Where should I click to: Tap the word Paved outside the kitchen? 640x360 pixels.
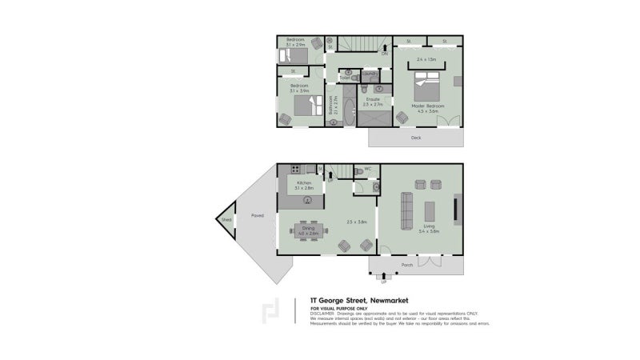pos(258,215)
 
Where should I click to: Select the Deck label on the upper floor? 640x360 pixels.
pos(415,138)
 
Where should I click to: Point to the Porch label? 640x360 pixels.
pos(407,265)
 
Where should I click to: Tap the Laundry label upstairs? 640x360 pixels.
pos(370,74)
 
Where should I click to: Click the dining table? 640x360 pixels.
pos(308,230)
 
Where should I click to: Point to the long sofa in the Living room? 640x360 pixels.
pos(405,211)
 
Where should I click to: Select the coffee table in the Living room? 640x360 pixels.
pos(430,211)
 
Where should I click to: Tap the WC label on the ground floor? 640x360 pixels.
pos(368,169)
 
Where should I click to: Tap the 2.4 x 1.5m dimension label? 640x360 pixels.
pos(426,59)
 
